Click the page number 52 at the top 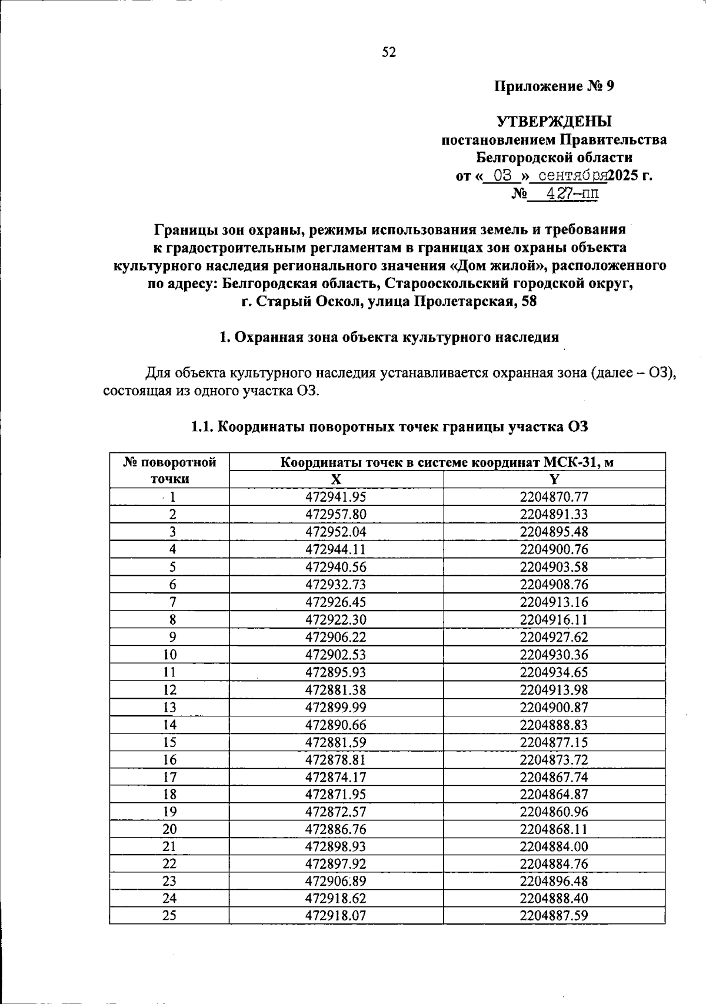click(389, 53)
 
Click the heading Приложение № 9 click(554, 86)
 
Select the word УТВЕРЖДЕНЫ click(554, 122)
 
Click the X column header click(335, 479)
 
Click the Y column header click(554, 479)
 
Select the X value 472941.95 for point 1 click(335, 497)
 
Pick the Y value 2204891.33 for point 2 click(554, 515)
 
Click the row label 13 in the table click(169, 708)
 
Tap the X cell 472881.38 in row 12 click(335, 690)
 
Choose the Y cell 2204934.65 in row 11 click(554, 672)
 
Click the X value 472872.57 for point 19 click(335, 812)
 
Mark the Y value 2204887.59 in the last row click(554, 916)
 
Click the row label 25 click(169, 916)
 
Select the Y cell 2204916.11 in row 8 click(554, 620)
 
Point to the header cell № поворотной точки click(169, 470)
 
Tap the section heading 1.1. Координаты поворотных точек click(389, 427)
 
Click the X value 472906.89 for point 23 click(335, 881)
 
